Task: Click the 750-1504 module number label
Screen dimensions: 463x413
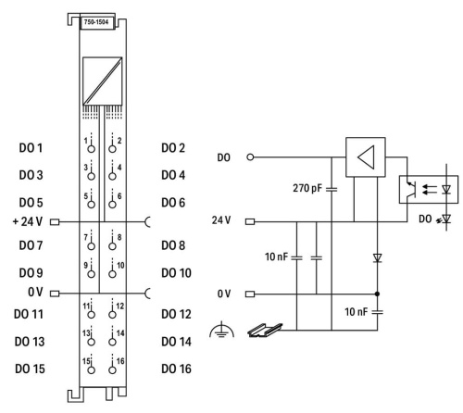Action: tap(96, 22)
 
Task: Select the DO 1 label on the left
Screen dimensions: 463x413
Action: tap(31, 148)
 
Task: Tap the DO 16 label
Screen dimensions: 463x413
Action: tap(176, 369)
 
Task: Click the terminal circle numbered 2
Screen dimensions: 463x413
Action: tap(112, 149)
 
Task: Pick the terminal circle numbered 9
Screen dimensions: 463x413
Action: tap(91, 274)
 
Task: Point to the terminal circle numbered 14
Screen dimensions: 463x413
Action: tap(112, 342)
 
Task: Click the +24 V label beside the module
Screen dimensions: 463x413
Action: tap(28, 221)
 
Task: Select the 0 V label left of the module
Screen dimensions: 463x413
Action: tap(35, 292)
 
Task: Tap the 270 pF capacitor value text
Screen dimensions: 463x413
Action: tap(307, 188)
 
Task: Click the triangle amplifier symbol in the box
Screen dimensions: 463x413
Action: tap(366, 157)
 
